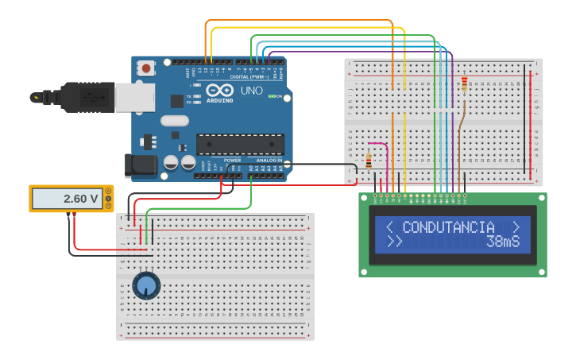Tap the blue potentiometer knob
pos(145,285)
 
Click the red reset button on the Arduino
pos(147,69)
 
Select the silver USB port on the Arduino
pos(134,97)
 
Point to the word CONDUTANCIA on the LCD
pos(448,227)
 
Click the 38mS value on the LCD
pos(503,241)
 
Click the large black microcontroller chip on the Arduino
pos(240,144)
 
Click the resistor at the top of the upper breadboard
pos(465,83)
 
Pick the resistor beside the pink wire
pos(369,161)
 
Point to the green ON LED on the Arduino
pos(271,97)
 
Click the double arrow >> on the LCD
pos(394,241)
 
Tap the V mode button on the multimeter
pos(108,198)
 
